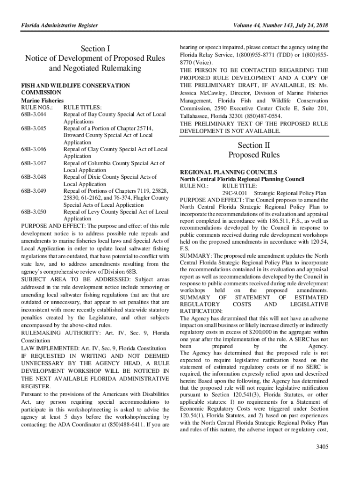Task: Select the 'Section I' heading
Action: pyautogui.click(x=95, y=49)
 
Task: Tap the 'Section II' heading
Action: pyautogui.click(x=254, y=145)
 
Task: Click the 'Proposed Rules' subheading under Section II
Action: pyautogui.click(x=254, y=155)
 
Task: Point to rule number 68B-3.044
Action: pyautogui.click(x=34, y=114)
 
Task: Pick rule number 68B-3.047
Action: pyautogui.click(x=34, y=163)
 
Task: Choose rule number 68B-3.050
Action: pyautogui.click(x=34, y=212)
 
